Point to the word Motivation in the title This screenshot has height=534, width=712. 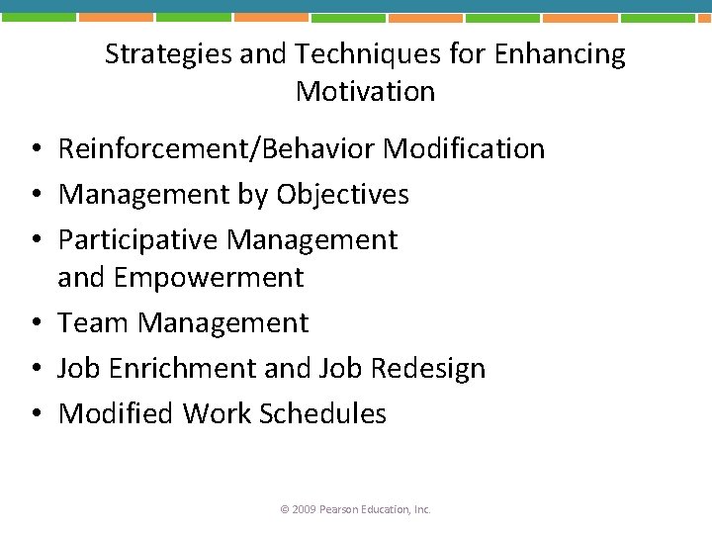[x=365, y=92]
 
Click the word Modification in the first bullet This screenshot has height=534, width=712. [x=464, y=149]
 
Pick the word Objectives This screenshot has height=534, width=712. [x=342, y=195]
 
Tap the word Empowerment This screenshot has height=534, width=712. [x=209, y=278]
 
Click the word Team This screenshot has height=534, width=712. [x=94, y=323]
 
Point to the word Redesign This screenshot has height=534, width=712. [x=428, y=369]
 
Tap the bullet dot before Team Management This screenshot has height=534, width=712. [x=34, y=324]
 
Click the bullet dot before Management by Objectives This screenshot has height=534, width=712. [x=34, y=196]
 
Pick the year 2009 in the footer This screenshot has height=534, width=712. [x=303, y=509]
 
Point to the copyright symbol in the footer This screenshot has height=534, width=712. [x=285, y=509]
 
